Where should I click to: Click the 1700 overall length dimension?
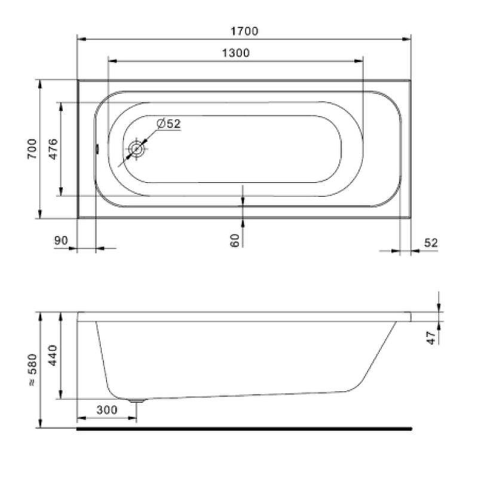click(x=244, y=31)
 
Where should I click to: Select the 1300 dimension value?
click(x=235, y=53)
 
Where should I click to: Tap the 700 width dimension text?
click(x=32, y=149)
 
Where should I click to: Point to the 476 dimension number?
click(x=53, y=149)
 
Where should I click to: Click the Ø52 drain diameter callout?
click(x=168, y=124)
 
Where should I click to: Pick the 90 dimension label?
click(x=61, y=241)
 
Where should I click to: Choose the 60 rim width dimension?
click(x=234, y=240)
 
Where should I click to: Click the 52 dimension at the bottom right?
click(x=431, y=243)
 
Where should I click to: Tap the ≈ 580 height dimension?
click(x=32, y=370)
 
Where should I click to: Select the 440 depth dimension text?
click(x=53, y=356)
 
